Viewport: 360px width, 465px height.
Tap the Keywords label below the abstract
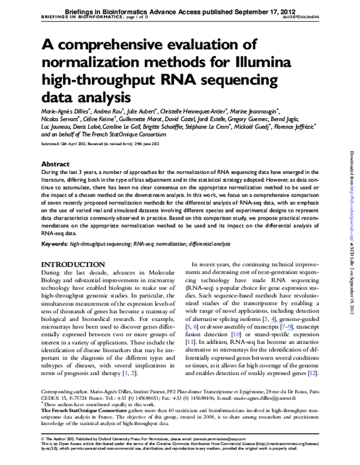(53, 244)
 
